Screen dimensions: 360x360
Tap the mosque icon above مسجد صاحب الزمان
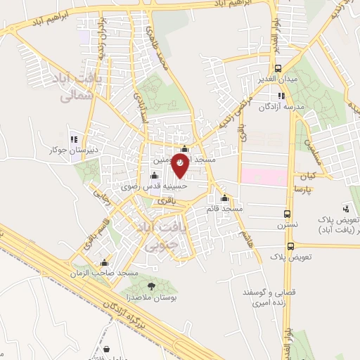coord(105,262)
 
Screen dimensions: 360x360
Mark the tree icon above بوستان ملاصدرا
coord(151,285)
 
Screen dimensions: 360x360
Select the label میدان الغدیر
coord(280,79)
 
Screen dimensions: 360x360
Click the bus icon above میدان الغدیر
coord(279,68)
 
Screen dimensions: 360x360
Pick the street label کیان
coord(310,174)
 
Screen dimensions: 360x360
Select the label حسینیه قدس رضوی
coord(164,187)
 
